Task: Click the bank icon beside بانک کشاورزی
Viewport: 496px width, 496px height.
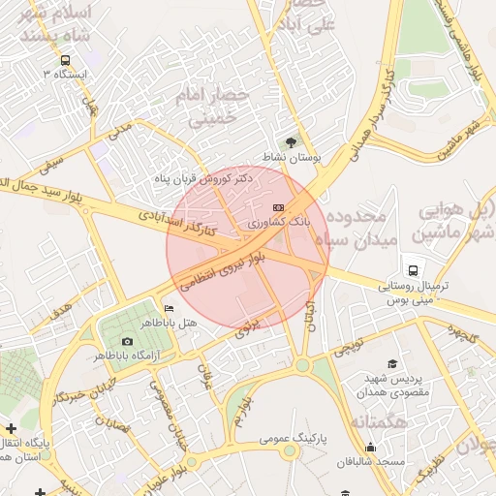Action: point(278,207)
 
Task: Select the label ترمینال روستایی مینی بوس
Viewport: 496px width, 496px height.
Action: point(414,295)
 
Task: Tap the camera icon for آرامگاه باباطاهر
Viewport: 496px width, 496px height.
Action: point(128,341)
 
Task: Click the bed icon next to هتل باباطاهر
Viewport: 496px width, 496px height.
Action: point(170,308)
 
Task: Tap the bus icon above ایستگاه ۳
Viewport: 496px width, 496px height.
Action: point(64,59)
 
